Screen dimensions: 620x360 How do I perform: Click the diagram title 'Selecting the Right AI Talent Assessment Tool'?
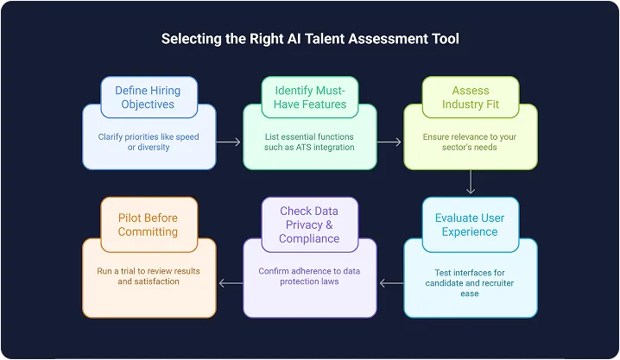(310, 40)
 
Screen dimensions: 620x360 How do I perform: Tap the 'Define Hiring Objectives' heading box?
(149, 98)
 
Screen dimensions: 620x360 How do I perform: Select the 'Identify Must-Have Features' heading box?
(309, 98)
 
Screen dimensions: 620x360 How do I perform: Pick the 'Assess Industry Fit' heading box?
(470, 98)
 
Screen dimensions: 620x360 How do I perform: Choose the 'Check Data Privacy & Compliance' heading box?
(309, 224)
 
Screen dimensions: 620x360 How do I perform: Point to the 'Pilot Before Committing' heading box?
(149, 224)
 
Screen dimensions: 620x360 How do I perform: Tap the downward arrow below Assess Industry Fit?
(471, 182)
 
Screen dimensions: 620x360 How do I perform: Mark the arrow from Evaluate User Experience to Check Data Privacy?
(390, 282)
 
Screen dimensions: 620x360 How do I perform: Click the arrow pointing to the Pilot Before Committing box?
(230, 282)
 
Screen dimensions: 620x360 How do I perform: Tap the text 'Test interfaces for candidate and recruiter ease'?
(470, 282)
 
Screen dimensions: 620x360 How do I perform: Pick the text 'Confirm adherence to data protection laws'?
(309, 276)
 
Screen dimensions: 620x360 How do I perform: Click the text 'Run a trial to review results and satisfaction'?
(149, 276)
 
